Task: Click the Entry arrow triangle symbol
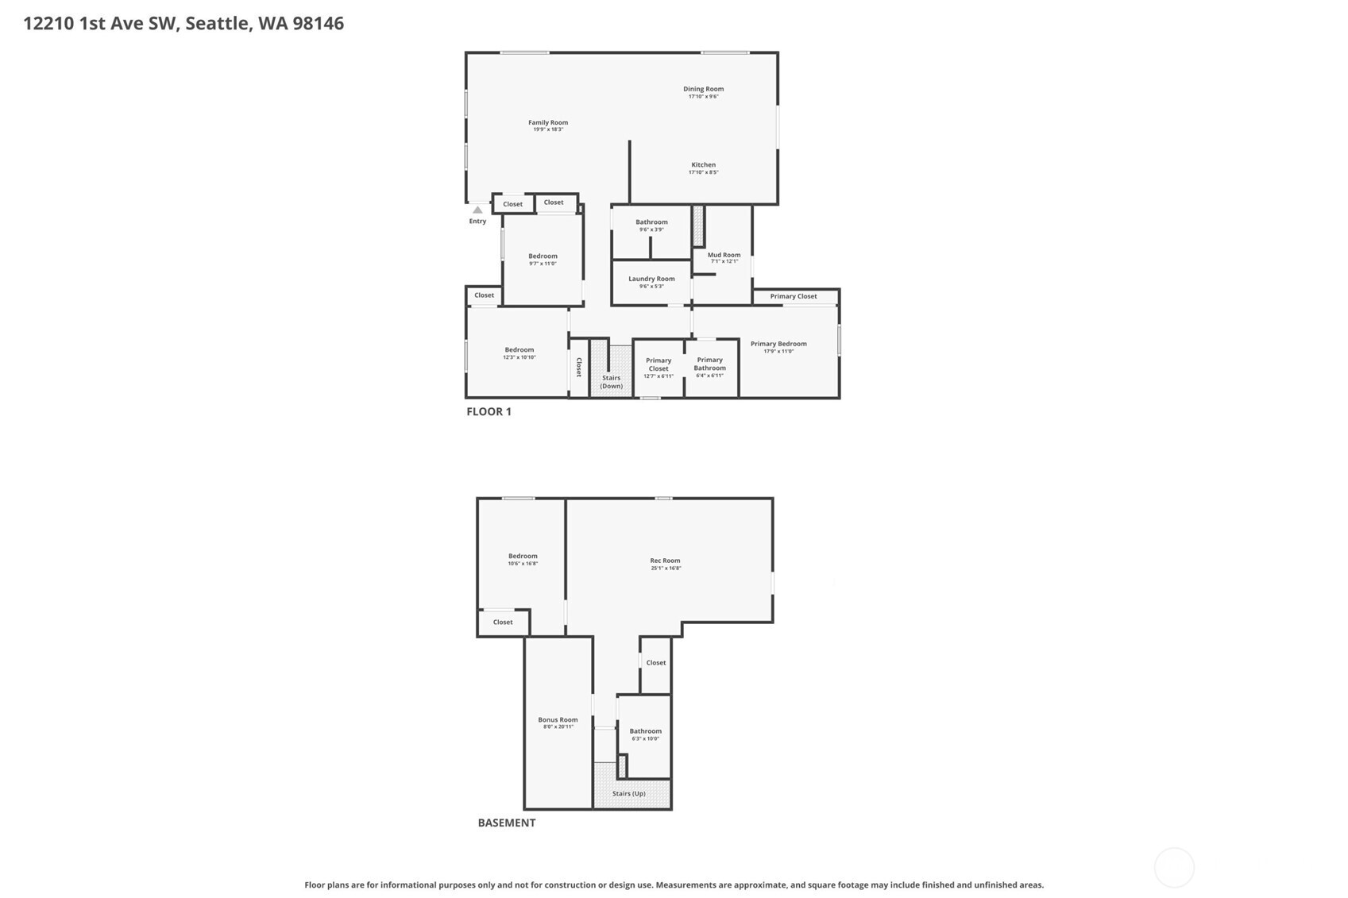point(477,210)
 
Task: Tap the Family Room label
point(548,122)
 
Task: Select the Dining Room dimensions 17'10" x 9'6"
point(703,97)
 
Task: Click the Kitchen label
point(703,165)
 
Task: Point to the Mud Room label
point(724,255)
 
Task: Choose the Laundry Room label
point(651,279)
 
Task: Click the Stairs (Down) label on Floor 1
point(611,382)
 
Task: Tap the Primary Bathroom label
point(709,364)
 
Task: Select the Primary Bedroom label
point(778,344)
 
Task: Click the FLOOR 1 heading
point(489,411)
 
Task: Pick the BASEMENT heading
point(506,823)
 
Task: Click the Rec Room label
point(665,561)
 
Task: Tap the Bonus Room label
point(558,719)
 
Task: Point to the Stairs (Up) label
point(628,793)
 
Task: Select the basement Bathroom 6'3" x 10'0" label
point(645,734)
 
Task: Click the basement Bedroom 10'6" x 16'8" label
point(523,559)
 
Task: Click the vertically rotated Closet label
point(579,367)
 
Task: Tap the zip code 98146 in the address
point(318,23)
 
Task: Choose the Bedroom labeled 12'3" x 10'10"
point(519,353)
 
